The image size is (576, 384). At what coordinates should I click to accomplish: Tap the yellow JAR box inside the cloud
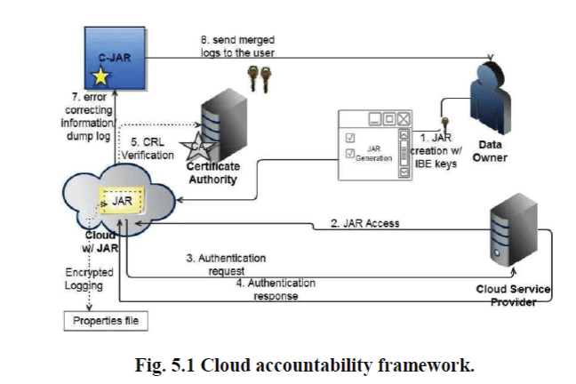(x=123, y=204)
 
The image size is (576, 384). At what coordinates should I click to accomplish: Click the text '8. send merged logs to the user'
(x=234, y=47)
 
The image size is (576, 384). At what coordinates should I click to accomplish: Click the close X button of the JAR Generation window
(x=405, y=118)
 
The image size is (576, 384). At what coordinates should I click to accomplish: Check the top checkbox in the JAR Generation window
(x=349, y=138)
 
